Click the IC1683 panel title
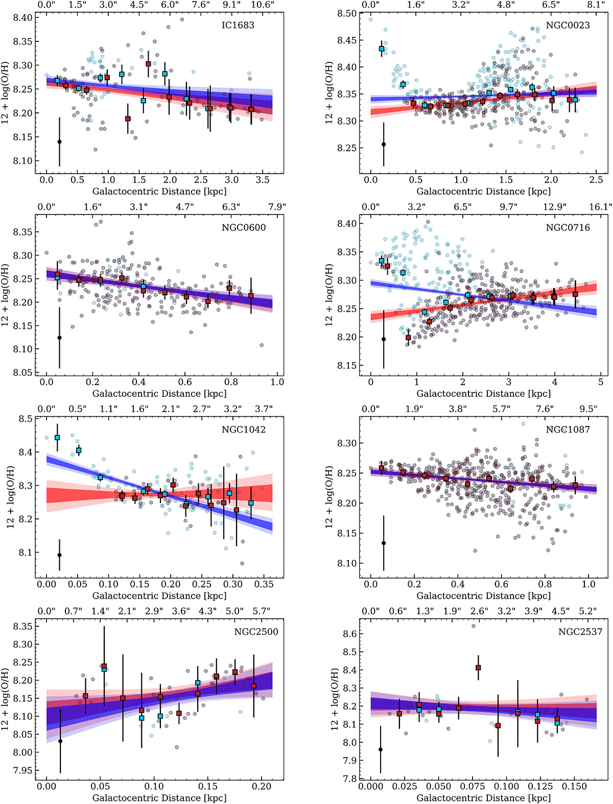(x=238, y=25)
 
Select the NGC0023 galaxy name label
(x=568, y=25)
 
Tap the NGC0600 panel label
(x=244, y=227)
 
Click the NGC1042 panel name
(x=243, y=430)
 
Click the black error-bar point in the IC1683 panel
(x=59, y=141)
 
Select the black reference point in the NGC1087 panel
(x=384, y=543)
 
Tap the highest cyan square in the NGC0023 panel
(x=382, y=49)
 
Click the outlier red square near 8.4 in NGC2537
(x=478, y=668)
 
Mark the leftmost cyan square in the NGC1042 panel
(x=57, y=438)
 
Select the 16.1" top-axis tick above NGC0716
(x=600, y=207)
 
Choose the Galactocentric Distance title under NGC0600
(x=159, y=394)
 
